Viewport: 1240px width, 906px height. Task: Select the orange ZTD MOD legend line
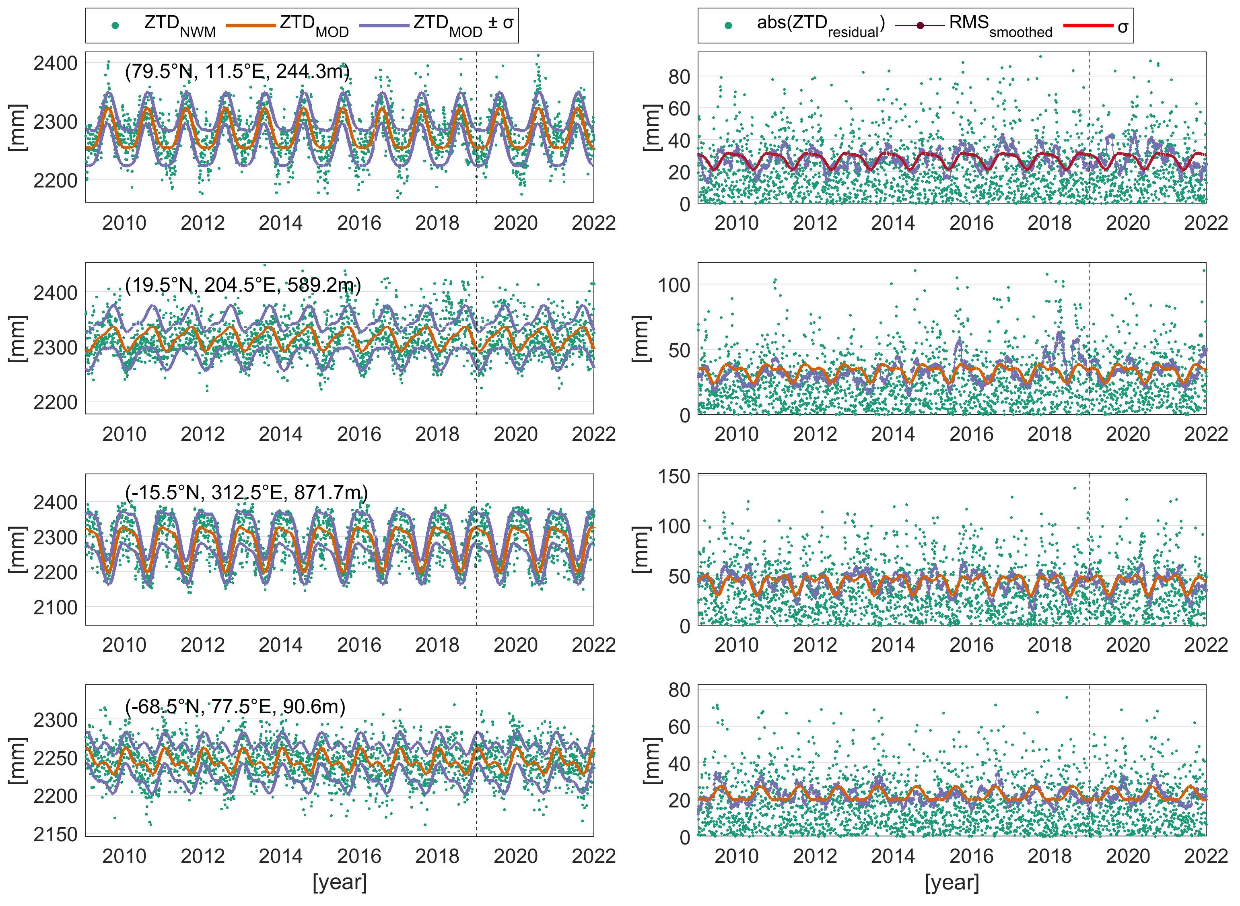coord(250,25)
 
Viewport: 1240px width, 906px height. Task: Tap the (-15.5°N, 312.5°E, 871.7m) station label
coord(246,492)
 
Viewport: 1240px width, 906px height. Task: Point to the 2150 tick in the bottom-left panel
coord(56,834)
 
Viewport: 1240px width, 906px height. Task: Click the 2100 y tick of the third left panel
coord(56,607)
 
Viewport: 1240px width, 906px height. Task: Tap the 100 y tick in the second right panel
coord(674,284)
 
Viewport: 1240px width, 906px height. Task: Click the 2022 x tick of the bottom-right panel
coord(1205,856)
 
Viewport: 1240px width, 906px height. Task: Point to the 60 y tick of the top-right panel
coord(679,109)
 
